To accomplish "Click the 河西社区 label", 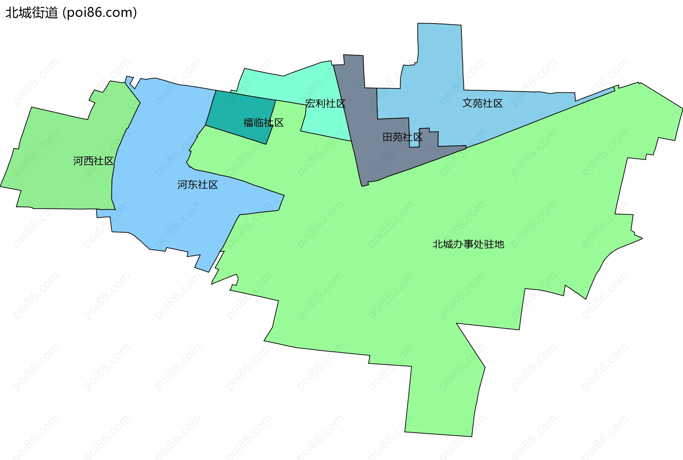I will [x=93, y=161].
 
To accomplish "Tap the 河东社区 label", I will [x=197, y=185].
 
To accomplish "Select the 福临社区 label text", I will [x=263, y=123].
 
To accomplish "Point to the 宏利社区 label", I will [x=325, y=104].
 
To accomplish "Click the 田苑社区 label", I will [x=402, y=137].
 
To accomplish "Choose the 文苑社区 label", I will [x=482, y=103].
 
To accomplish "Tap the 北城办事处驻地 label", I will [x=468, y=244].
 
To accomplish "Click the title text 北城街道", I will [x=31, y=13].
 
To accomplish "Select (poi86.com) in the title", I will [x=100, y=13].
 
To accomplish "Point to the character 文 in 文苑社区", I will [x=467, y=103].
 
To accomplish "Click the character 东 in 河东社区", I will [x=192, y=185].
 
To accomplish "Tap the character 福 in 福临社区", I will [x=248, y=123].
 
